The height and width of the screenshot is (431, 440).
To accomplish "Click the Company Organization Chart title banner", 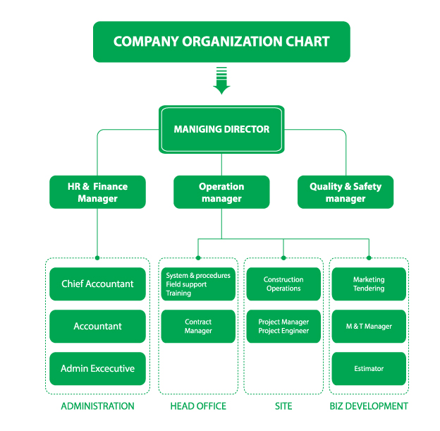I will (221, 42).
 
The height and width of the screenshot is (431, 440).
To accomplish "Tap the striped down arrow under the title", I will (221, 80).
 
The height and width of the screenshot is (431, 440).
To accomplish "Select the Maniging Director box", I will (221, 130).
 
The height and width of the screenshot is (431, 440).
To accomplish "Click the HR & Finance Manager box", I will (97, 192).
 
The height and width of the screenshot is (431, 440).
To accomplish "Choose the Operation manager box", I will (221, 192).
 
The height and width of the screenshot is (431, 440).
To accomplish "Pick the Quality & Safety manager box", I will (346, 192).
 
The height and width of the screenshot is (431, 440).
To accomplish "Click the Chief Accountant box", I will (97, 284).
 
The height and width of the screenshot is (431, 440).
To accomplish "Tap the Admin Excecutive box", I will (97, 368).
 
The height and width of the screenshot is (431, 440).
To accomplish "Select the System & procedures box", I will (198, 284).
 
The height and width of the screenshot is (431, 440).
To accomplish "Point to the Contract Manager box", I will (198, 327).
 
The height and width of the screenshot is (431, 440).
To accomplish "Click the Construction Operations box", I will (283, 284).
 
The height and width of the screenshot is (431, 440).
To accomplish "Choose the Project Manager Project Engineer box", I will (283, 327).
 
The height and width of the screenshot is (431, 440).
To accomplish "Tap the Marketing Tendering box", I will (369, 284).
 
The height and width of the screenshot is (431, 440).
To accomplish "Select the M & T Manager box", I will (369, 327).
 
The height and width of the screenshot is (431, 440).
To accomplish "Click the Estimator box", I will (369, 368).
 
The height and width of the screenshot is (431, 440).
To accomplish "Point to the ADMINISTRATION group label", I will (97, 406).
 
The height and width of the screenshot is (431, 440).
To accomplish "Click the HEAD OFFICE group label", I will (198, 406).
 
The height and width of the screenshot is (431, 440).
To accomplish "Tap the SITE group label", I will (283, 406).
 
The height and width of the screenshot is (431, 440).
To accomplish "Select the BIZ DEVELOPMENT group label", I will (369, 406).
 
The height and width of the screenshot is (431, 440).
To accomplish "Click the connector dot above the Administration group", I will (97, 258).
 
